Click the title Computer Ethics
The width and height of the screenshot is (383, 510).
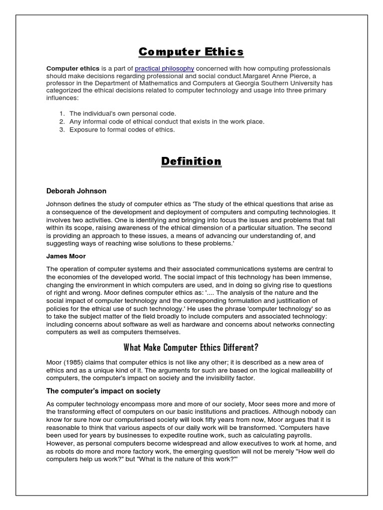click(x=191, y=52)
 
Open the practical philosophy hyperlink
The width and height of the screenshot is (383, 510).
click(x=164, y=68)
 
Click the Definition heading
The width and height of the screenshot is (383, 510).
click(x=191, y=161)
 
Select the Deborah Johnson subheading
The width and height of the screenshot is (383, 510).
click(x=76, y=191)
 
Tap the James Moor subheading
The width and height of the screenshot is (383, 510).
click(x=66, y=256)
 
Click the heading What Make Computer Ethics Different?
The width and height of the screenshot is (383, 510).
click(x=191, y=347)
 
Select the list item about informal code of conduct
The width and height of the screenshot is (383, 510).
click(x=167, y=122)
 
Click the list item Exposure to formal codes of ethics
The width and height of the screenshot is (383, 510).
click(x=122, y=129)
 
